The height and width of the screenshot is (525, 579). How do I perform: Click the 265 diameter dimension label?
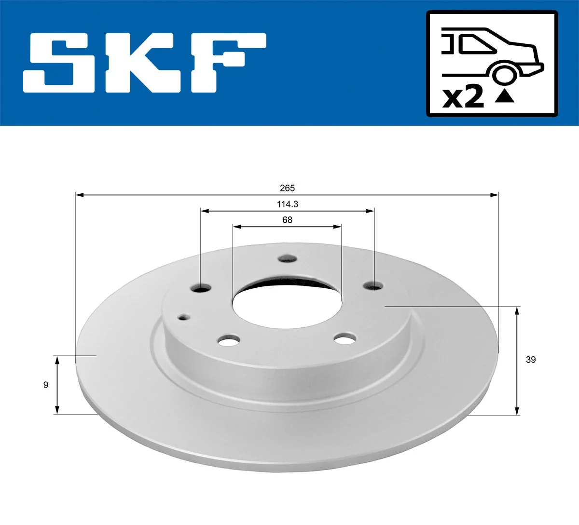[x=287, y=188]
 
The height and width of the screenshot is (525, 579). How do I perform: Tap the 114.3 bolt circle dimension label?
[x=287, y=204]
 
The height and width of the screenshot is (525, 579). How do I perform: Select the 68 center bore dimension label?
[x=287, y=220]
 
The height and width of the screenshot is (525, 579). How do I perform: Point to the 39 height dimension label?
[x=531, y=360]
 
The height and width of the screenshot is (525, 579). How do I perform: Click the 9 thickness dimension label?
[x=46, y=385]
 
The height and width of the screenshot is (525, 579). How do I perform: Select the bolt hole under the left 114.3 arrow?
[x=201, y=288]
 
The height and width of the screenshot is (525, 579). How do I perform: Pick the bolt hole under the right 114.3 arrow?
[x=373, y=286]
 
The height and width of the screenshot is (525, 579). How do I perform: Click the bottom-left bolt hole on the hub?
[x=229, y=341]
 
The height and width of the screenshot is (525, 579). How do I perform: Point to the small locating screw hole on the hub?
[x=184, y=317]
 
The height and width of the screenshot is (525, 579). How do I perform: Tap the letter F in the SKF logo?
[x=227, y=63]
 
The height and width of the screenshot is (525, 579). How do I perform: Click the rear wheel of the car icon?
[x=503, y=74]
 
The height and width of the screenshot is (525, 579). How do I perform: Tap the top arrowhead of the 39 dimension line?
[x=517, y=310]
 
